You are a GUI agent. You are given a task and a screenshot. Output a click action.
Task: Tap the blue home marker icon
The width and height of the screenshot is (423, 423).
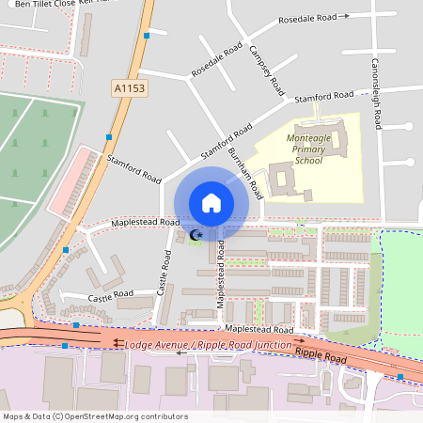pyautogui.click(x=211, y=202)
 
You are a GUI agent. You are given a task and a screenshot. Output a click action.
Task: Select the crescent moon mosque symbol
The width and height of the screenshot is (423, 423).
pyautogui.click(x=196, y=234)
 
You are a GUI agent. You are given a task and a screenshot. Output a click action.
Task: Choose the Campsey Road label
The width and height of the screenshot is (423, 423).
pyautogui.click(x=266, y=71)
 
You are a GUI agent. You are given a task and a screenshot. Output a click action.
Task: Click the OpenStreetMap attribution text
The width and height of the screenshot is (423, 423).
pyautogui.click(x=95, y=416)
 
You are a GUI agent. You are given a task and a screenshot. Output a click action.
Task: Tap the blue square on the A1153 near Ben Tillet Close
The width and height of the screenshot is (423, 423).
pyautogui.click(x=147, y=36)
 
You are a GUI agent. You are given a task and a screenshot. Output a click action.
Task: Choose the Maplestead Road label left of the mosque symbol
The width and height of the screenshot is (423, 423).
pyautogui.click(x=145, y=223)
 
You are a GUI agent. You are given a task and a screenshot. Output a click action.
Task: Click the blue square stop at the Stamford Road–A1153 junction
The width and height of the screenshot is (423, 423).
pyautogui.click(x=109, y=137)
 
